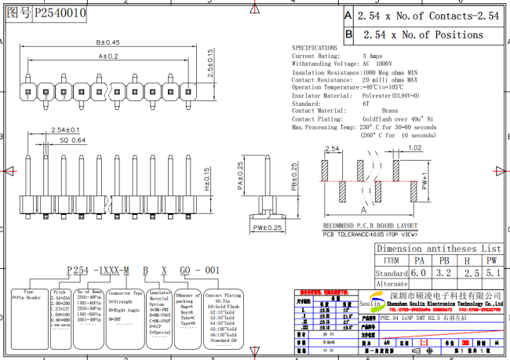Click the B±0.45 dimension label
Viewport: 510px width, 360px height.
coord(107,42)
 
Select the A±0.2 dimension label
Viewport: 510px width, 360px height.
coord(107,56)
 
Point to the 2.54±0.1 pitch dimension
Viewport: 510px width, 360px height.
coord(65,129)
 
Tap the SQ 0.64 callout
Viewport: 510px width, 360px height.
coord(73,140)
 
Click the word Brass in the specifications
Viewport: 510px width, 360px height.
coord(389,111)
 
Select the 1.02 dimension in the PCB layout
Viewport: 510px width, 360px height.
coord(415,147)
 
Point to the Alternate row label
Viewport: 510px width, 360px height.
coord(392,284)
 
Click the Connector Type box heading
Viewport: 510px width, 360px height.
coord(125,292)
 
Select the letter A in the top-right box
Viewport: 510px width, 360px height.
coord(348,15)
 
